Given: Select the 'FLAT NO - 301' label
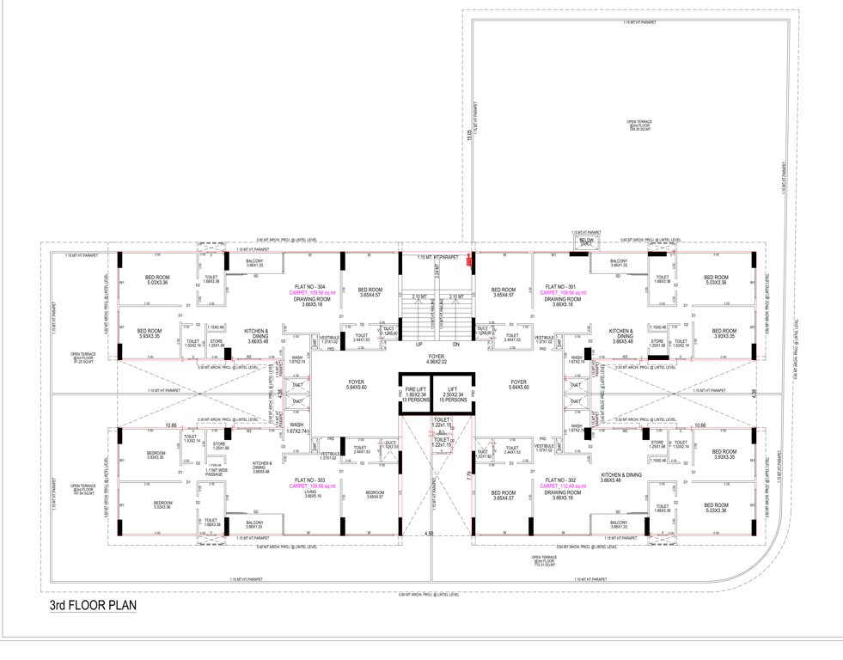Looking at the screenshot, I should click(x=559, y=286).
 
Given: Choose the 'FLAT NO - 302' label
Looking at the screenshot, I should click(x=559, y=480).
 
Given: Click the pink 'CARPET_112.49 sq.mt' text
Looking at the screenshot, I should click(x=559, y=486).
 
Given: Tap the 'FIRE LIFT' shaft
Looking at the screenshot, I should click(x=414, y=394).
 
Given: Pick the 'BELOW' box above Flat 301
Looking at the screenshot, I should click(x=586, y=242).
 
